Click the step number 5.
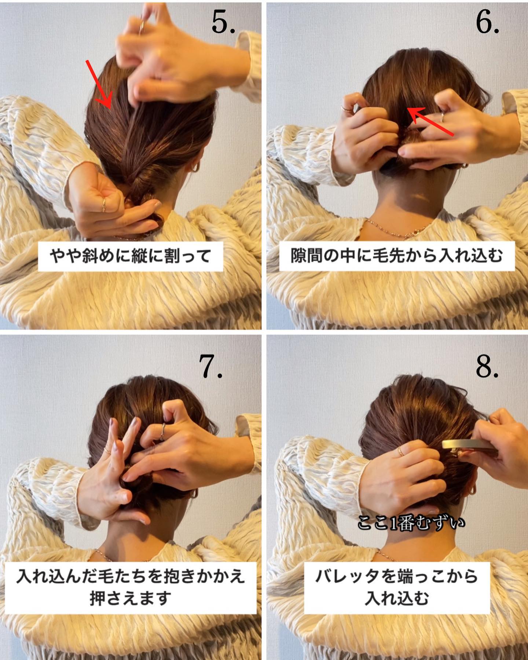pos(223,23)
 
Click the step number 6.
pos(487,23)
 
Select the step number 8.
pos(487,366)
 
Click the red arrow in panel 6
pos(431,121)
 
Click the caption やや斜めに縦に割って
pos(131,256)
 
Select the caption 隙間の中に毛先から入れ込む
pos(397,256)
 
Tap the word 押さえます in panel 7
pos(131,598)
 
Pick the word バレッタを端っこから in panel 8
pos(397,576)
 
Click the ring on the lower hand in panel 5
pos(104,204)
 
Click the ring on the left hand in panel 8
pos(400,452)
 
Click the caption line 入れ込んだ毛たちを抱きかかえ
pos(131,576)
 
